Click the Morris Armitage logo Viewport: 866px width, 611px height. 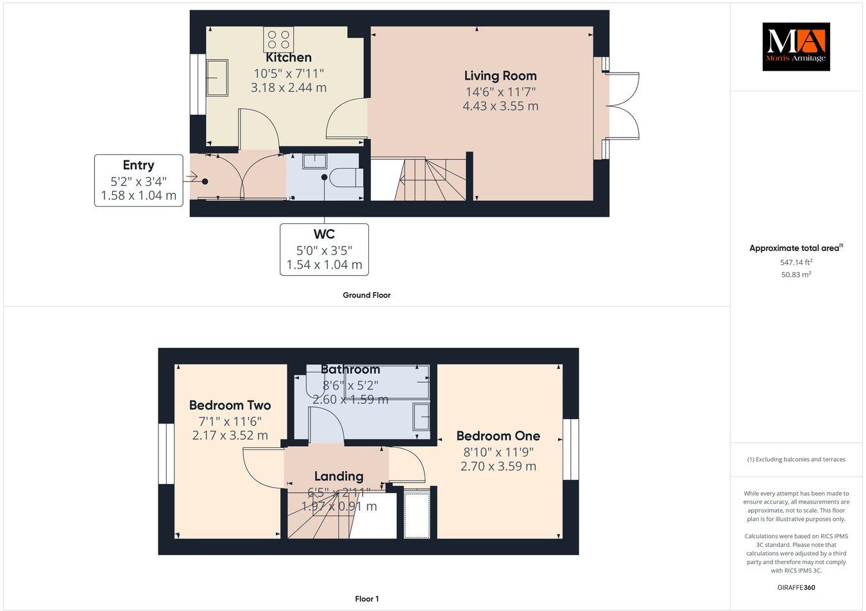click(795, 46)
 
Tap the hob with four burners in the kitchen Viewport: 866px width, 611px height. click(278, 40)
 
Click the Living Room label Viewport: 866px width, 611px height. click(500, 76)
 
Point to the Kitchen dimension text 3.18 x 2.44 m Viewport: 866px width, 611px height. click(288, 87)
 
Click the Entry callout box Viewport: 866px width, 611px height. click(139, 180)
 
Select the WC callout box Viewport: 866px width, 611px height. click(324, 250)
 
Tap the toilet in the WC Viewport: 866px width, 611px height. click(346, 176)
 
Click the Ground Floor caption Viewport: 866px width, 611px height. click(366, 295)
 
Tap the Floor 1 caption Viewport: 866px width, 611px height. click(367, 599)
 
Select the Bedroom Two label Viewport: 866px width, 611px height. click(230, 405)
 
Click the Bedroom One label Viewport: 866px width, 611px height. click(498, 436)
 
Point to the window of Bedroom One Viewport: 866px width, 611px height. click(570, 449)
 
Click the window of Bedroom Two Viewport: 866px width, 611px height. click(166, 454)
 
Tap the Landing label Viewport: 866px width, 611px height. click(339, 476)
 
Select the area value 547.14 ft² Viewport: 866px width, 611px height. click(796, 262)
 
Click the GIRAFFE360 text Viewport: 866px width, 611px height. click(796, 587)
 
